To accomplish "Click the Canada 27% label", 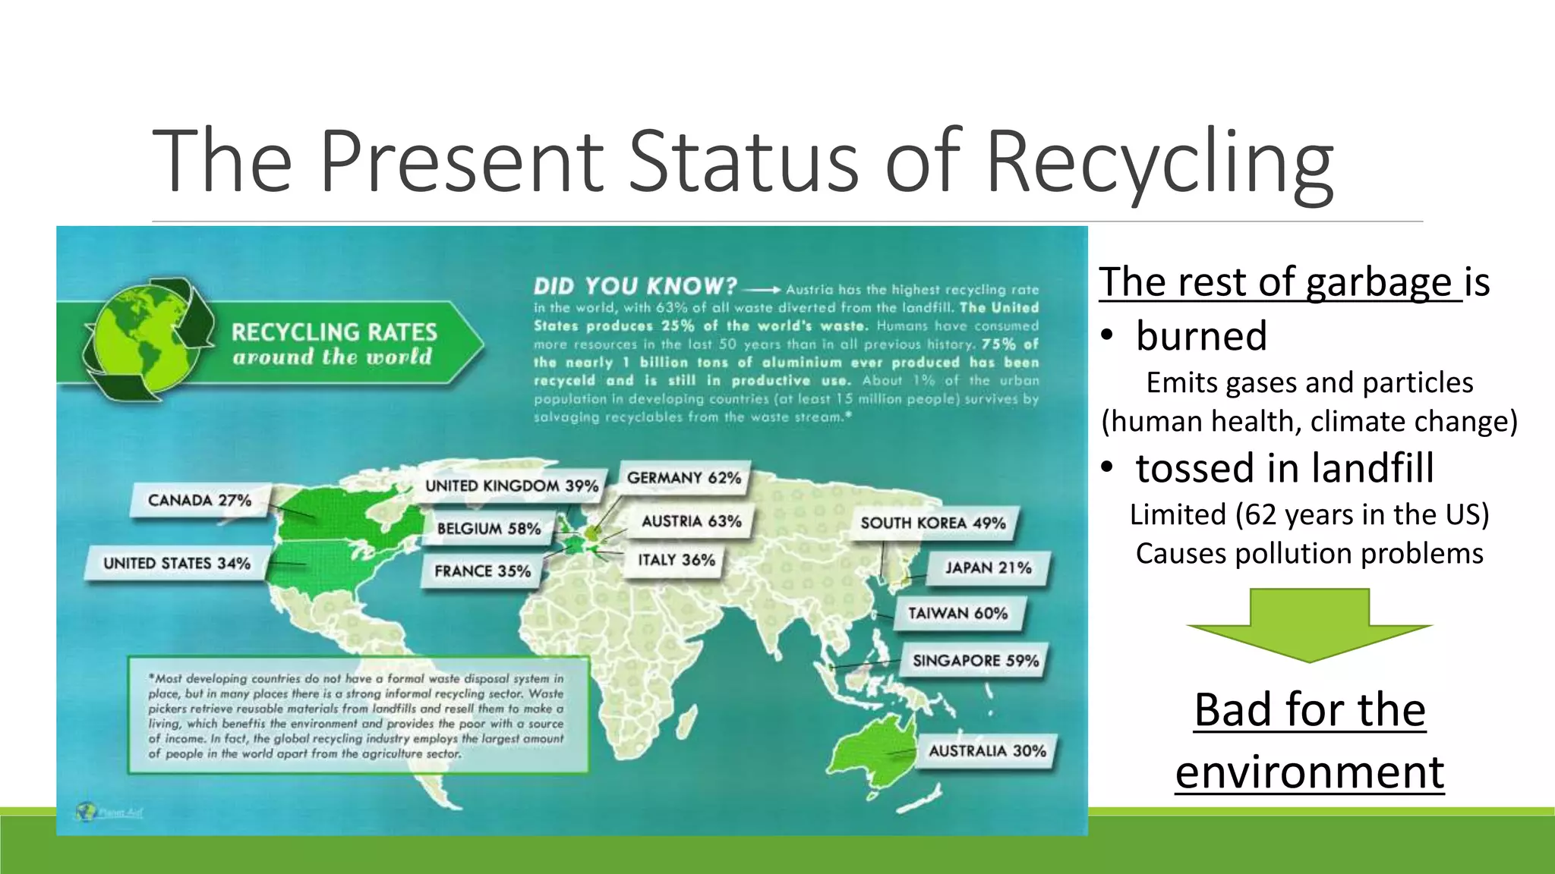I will tap(200, 501).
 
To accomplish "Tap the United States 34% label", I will tap(177, 564).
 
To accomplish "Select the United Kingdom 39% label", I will tap(511, 486).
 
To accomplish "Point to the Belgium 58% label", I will tap(489, 529).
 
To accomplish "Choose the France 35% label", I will tap(482, 571).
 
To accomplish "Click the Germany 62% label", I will tap(683, 478).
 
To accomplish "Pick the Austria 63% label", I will tap(691, 521).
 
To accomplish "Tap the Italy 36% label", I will tap(677, 560).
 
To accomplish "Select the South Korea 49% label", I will tap(932, 523).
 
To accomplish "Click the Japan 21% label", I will tap(988, 568).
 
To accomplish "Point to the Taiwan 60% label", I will tap(957, 614).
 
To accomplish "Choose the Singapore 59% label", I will tap(975, 661).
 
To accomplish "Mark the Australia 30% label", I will tap(987, 751).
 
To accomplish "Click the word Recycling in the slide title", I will tap(1159, 162).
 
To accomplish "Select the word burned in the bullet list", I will tap(1201, 335).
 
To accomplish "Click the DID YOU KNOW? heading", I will tap(635, 287).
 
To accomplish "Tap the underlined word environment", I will tap(1309, 772).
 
